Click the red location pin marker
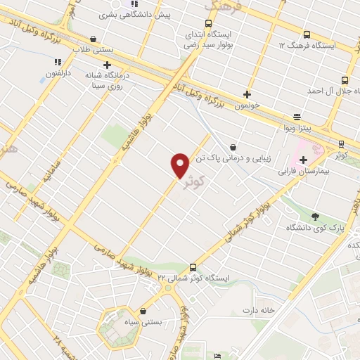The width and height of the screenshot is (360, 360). (x=180, y=164)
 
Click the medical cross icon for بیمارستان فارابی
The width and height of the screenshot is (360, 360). (x=303, y=160)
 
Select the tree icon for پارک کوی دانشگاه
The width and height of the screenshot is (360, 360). (x=314, y=217)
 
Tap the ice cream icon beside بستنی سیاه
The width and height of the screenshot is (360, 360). (x=143, y=311)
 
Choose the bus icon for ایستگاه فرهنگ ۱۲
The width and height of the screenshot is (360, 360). (x=305, y=34)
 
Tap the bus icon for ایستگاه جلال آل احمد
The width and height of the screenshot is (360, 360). (x=345, y=80)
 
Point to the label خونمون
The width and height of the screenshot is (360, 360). (x=247, y=105)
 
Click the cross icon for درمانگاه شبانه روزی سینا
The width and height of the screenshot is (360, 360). (x=107, y=65)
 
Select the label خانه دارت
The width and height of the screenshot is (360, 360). (x=257, y=310)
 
